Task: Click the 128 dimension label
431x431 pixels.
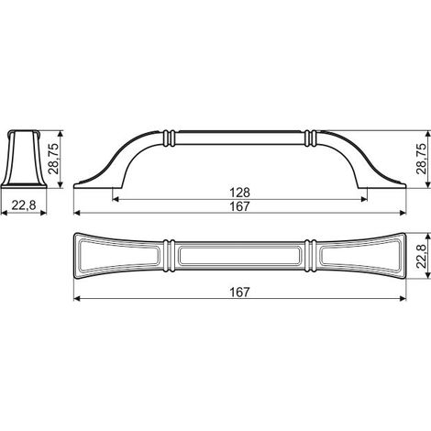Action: tap(239, 193)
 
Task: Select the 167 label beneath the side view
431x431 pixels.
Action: tap(239, 206)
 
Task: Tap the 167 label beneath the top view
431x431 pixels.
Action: tap(239, 293)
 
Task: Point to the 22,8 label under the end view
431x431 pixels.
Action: tap(24, 205)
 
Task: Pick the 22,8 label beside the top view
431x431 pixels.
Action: tap(422, 256)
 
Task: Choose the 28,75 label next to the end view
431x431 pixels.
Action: tap(55, 159)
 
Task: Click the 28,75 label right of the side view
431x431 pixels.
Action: tap(422, 159)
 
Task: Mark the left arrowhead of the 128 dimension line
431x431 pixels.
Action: tap(116, 199)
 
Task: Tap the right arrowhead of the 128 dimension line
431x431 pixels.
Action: tap(364, 199)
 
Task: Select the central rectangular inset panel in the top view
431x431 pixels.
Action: tap(239, 256)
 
